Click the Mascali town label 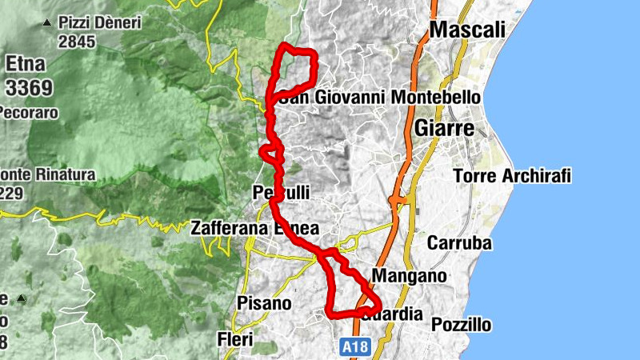click(468, 30)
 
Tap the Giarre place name click(444, 128)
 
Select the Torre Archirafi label click(512, 176)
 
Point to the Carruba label click(460, 242)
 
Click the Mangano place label click(409, 276)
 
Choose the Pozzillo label click(462, 325)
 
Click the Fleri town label click(235, 339)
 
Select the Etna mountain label click(23, 62)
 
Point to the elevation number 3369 click(28, 86)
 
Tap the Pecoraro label click(28, 113)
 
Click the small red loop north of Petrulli click(273, 151)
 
